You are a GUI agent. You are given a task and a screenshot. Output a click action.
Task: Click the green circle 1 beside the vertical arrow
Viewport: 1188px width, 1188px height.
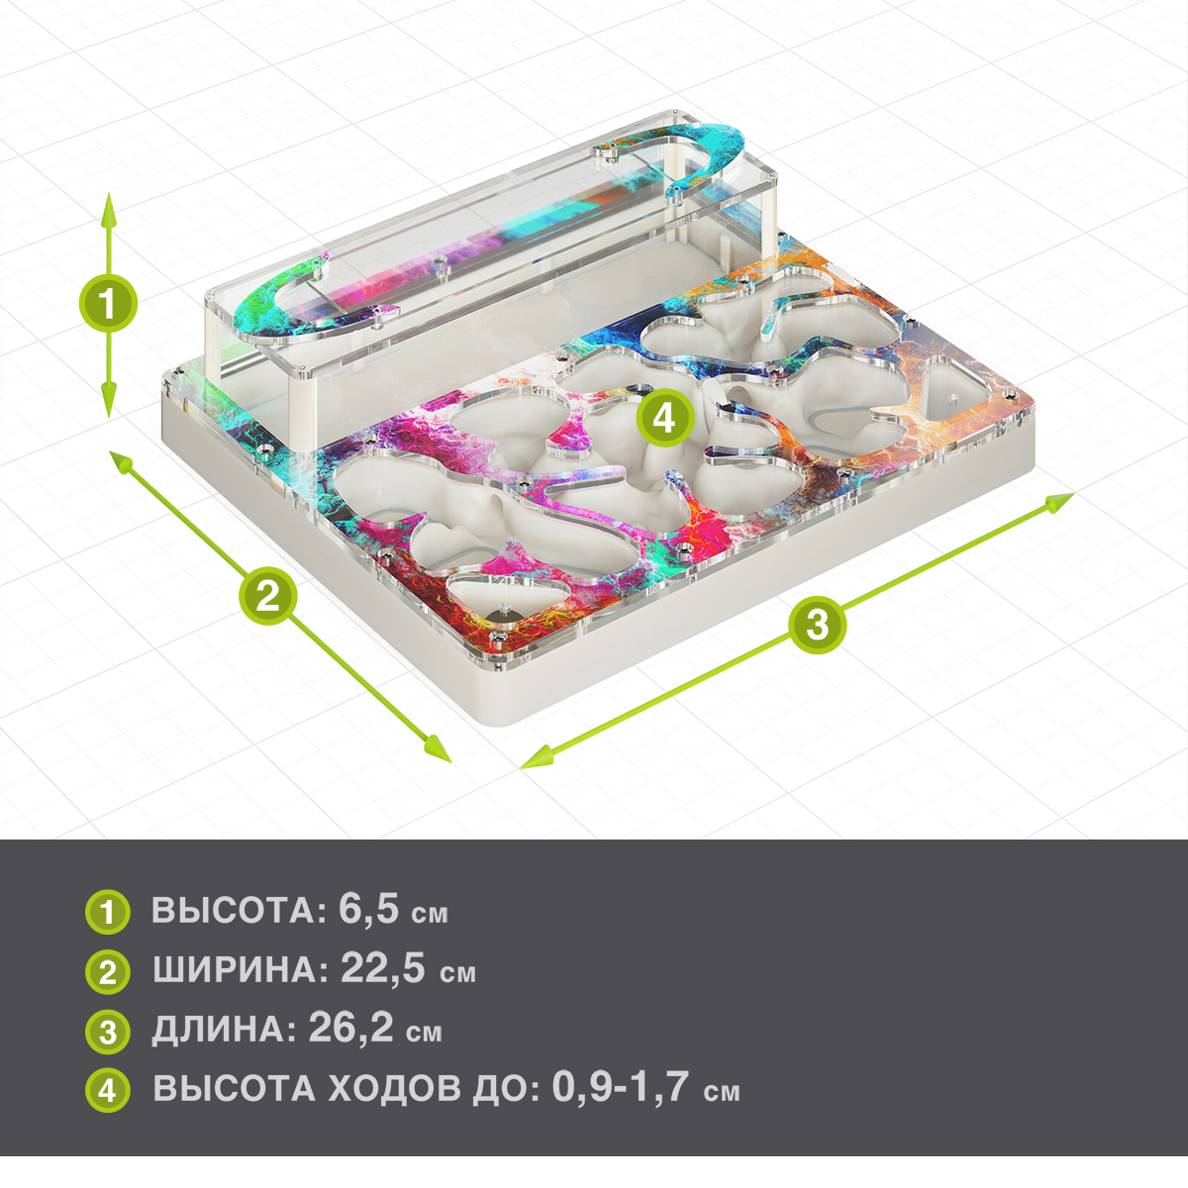point(108,305)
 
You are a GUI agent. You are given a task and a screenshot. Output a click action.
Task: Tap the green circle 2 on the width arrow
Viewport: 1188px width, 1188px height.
point(268,596)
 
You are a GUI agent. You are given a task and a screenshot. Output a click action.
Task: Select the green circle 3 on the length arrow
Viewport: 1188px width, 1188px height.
point(818,624)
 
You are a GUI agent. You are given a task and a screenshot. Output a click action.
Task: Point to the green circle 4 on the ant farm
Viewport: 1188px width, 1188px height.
point(664,418)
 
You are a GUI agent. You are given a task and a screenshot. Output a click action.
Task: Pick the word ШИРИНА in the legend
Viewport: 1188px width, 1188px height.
point(241,970)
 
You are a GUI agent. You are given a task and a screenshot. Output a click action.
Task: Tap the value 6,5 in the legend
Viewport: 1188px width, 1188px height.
point(368,910)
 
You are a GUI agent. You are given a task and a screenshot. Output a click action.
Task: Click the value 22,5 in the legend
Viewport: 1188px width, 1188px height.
point(383,968)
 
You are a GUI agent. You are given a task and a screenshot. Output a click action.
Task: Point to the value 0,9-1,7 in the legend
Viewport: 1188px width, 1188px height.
point(620,1087)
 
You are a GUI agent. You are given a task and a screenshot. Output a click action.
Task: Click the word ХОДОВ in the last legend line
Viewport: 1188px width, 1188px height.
point(394,1089)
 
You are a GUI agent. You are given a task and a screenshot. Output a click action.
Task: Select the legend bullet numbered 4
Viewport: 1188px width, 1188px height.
point(108,1090)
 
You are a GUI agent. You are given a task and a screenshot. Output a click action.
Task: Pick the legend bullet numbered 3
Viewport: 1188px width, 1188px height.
point(108,1032)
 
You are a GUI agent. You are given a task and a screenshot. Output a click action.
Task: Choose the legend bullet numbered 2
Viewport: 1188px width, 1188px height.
point(108,972)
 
